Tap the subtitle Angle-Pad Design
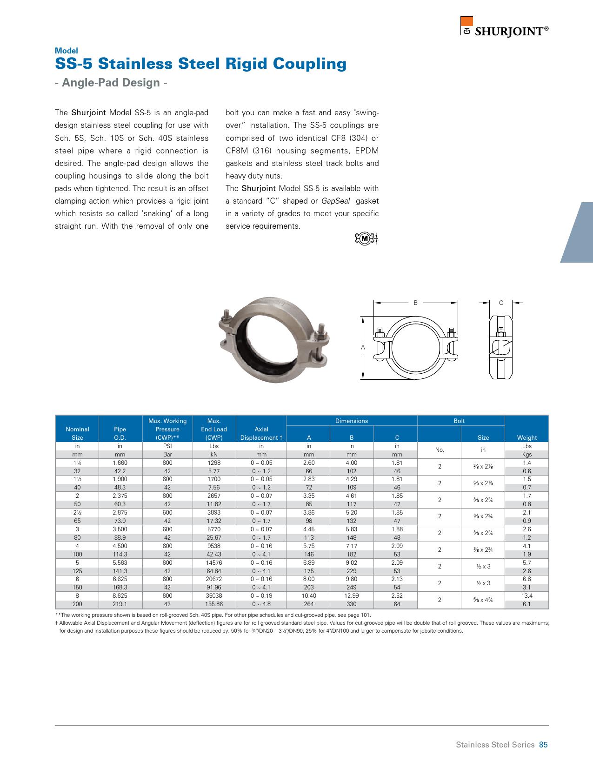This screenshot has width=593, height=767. pos(111,83)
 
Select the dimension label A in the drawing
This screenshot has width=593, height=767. pos(363,348)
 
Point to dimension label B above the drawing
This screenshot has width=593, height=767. pos(416,303)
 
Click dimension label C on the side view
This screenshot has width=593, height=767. pos(501,303)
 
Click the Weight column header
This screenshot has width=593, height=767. pos(526,437)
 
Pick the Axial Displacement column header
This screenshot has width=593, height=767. pos(261,433)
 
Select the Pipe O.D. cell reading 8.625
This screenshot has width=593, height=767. pos(120,595)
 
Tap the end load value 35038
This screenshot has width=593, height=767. pos(214,595)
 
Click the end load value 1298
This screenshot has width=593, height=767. pos(214,463)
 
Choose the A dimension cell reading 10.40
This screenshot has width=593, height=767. pos(308,595)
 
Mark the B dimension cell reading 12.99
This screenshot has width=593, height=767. pos(352,595)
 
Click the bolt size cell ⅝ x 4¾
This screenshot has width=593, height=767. pos(483,600)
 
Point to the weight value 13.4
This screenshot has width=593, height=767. pos(526,595)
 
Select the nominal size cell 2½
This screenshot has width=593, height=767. pos(77,512)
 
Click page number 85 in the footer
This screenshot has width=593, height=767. pos(543,745)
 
